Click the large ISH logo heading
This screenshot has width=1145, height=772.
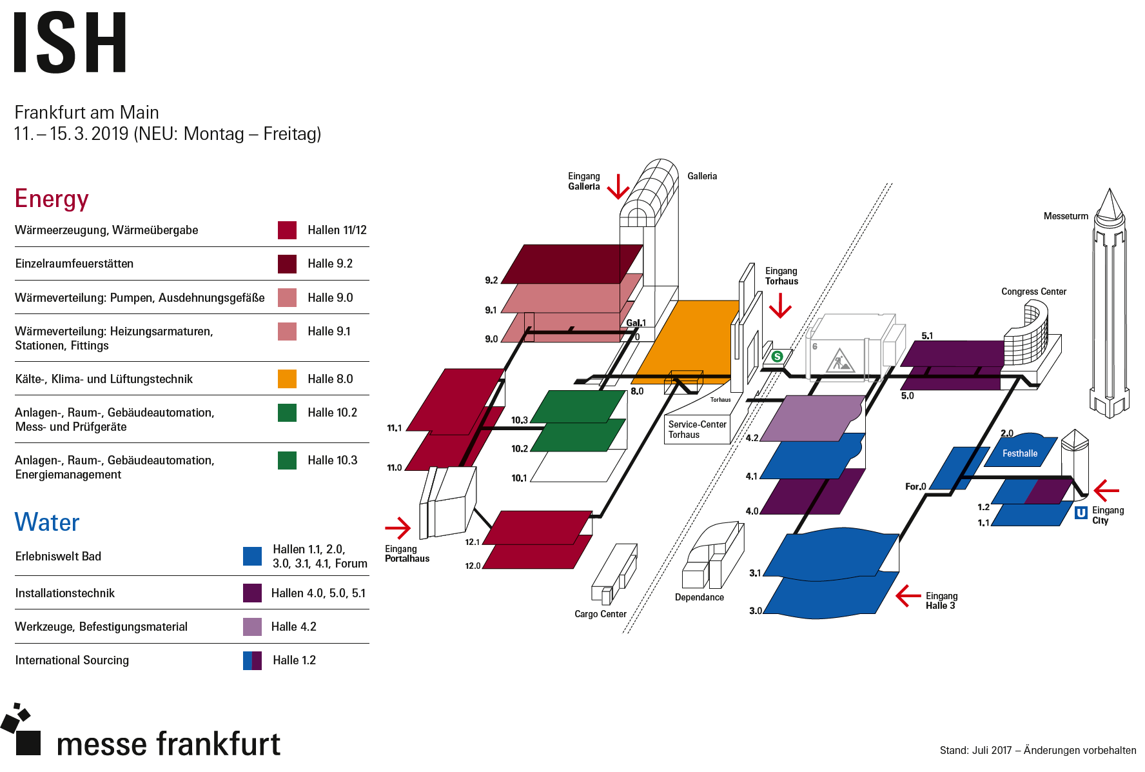pos(70,43)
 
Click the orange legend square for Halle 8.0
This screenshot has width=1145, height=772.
pos(287,379)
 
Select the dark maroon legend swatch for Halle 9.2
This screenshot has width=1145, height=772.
pos(287,264)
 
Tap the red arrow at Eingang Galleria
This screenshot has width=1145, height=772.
pos(618,187)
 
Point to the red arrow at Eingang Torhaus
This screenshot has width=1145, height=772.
pos(780,306)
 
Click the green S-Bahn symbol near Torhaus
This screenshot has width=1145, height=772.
pos(777,356)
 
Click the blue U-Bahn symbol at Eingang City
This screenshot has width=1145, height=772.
pos(1081,513)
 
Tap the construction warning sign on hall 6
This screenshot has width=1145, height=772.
pos(839,361)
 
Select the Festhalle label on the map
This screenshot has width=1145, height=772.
pos(1019,453)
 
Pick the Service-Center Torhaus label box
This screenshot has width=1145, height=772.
pos(697,430)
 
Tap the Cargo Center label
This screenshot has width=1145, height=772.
pos(600,614)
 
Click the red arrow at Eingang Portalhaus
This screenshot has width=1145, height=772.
pos(398,528)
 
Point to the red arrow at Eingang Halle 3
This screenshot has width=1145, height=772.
pos(908,596)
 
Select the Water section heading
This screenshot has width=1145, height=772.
pos(47,522)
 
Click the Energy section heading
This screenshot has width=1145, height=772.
pos(52,199)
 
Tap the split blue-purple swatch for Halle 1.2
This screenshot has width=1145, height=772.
pos(252,660)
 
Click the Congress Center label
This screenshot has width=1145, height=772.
pos(1033,292)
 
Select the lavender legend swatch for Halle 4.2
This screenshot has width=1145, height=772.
pos(252,627)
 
